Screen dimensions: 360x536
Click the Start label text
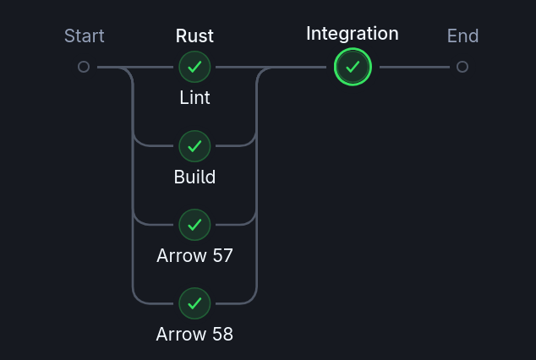point(85,36)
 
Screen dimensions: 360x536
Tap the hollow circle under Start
point(84,67)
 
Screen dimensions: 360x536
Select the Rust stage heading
point(194,36)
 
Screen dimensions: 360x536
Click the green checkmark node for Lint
point(194,67)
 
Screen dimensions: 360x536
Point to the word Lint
point(194,98)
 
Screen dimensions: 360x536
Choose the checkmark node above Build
point(194,146)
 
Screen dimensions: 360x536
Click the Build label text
point(194,177)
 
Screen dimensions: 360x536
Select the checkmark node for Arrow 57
point(194,225)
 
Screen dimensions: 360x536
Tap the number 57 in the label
point(222,255)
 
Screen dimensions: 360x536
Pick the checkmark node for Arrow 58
point(194,303)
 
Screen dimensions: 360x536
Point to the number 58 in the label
point(222,334)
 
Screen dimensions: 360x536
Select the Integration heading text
point(352,34)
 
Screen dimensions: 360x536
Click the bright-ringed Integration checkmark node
point(353,67)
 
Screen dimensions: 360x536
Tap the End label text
point(462,36)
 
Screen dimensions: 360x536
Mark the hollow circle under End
point(462,67)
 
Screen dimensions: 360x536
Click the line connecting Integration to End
point(414,67)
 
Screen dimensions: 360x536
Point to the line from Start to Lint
point(114,67)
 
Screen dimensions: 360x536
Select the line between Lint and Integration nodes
point(237,67)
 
